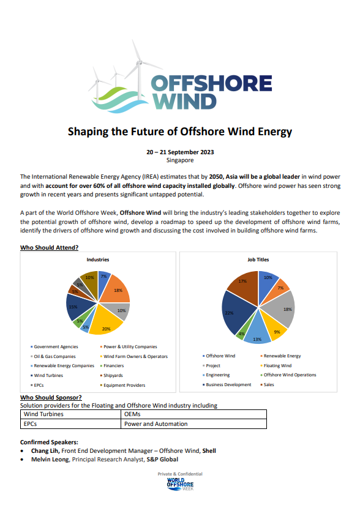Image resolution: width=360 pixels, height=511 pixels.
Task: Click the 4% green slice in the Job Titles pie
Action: [x=242, y=334]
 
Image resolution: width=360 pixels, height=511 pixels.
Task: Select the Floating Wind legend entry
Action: [x=279, y=365]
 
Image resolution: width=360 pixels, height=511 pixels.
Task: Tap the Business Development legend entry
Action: [x=228, y=384]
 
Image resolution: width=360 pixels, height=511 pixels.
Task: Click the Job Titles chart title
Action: [x=258, y=259]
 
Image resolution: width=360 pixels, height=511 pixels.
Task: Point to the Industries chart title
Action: [x=98, y=259]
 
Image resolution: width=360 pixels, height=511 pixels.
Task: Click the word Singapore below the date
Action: [x=180, y=160]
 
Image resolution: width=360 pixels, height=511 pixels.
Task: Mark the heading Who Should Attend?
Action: [x=49, y=247]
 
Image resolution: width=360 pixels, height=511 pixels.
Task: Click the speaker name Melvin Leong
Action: [x=49, y=459]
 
